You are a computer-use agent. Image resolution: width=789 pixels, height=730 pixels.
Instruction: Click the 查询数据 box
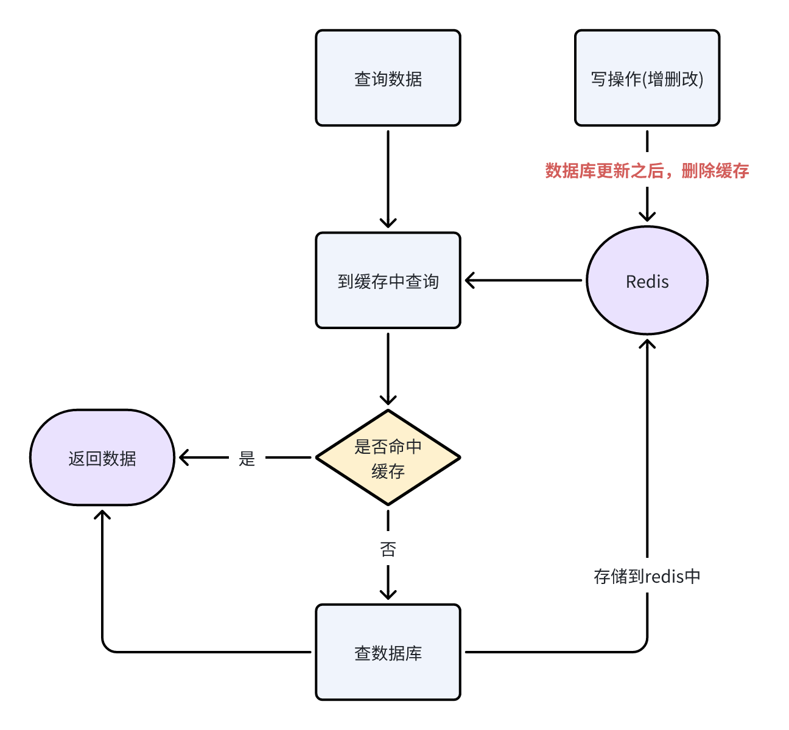click(x=388, y=78)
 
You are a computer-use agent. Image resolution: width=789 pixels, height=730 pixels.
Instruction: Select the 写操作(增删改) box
click(x=647, y=78)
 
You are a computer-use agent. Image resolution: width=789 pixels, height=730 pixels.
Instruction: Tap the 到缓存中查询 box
click(x=388, y=280)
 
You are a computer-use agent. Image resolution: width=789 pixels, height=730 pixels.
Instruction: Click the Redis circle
click(x=647, y=280)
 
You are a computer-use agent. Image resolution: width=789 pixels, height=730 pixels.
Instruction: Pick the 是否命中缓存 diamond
click(x=388, y=457)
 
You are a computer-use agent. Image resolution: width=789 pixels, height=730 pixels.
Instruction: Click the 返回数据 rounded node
click(x=102, y=457)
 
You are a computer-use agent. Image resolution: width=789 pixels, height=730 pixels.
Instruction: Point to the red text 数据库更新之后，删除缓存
click(x=647, y=171)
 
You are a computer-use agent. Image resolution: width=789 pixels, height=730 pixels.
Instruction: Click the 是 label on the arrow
click(x=247, y=458)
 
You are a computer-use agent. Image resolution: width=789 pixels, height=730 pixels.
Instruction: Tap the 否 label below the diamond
click(x=388, y=549)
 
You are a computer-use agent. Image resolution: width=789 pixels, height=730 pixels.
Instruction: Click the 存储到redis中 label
click(x=647, y=576)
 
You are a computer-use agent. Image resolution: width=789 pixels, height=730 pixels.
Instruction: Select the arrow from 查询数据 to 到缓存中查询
click(x=388, y=179)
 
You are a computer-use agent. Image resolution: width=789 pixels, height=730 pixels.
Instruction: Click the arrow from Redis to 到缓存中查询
click(x=523, y=280)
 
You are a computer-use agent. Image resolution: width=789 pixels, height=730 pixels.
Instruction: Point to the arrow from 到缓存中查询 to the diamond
click(x=388, y=369)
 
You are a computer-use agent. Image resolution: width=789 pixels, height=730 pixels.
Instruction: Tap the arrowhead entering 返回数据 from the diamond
click(x=183, y=457)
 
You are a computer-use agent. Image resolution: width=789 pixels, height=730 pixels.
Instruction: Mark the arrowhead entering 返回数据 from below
click(x=102, y=515)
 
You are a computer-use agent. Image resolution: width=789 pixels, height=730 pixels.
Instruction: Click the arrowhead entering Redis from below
click(x=647, y=344)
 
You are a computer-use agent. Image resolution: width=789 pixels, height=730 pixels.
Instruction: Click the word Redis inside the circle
click(x=647, y=282)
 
